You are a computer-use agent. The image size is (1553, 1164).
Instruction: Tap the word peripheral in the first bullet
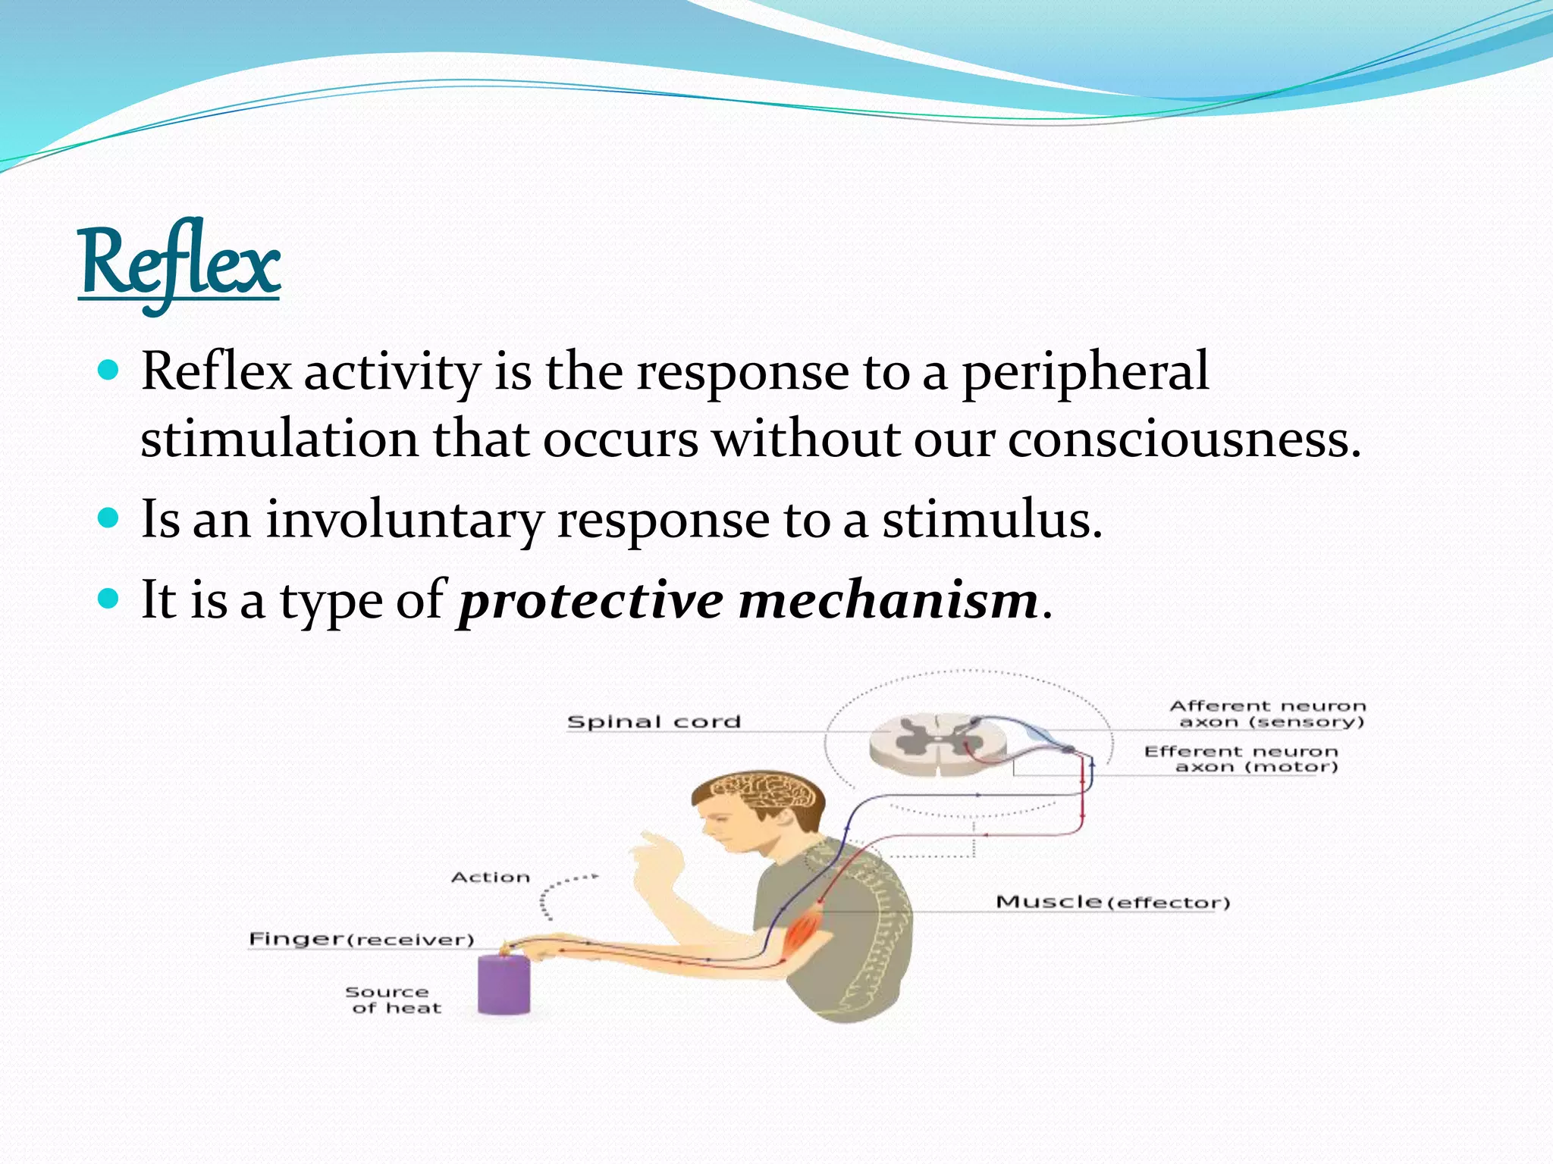click(x=1085, y=372)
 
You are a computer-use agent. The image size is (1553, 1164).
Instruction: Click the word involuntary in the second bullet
click(x=404, y=521)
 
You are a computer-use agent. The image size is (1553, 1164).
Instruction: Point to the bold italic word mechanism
click(x=888, y=600)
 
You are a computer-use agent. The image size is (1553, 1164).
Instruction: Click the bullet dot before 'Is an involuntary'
click(x=110, y=518)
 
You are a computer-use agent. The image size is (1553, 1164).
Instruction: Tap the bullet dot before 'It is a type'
click(x=110, y=599)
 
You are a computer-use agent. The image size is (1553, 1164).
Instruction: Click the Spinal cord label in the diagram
click(x=654, y=721)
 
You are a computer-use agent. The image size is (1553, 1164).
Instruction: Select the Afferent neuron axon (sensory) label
click(x=1268, y=714)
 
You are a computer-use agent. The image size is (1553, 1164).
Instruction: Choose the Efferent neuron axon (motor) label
click(x=1242, y=759)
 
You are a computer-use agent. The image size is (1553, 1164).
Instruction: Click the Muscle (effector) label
click(x=1112, y=902)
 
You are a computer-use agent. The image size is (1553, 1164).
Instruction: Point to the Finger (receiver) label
click(x=362, y=939)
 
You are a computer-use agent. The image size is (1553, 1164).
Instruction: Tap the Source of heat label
click(x=392, y=1000)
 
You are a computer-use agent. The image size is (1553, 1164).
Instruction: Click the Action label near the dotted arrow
click(x=491, y=878)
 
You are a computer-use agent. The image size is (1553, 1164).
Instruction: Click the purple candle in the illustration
click(x=504, y=985)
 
